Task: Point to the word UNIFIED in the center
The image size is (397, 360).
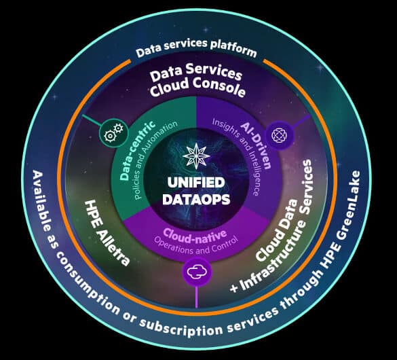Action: pos(196,182)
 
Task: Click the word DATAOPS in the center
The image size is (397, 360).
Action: pos(196,199)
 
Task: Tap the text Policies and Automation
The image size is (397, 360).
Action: pos(155,160)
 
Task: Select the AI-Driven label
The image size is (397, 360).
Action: pos(257,145)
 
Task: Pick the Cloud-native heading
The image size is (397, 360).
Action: pos(195,236)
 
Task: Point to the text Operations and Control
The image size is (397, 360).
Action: pos(197,245)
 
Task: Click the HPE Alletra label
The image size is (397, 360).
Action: pos(107,233)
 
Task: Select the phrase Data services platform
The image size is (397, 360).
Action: pos(196,48)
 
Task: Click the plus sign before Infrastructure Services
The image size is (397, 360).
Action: pos(233,287)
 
